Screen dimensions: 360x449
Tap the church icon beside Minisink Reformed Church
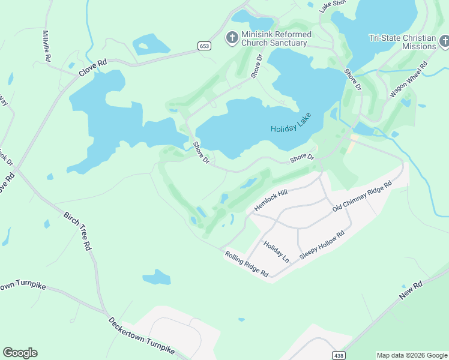pos(232,38)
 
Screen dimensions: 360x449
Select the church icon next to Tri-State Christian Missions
pos(444,42)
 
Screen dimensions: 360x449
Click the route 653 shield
pos(204,46)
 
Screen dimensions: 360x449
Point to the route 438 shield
pos(339,355)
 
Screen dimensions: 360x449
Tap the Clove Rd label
pos(92,67)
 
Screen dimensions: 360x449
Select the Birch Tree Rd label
pos(79,230)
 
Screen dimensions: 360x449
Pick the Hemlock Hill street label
pos(271,199)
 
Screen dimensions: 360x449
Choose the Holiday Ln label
pos(276,251)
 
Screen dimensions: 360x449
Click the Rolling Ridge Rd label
pos(246,264)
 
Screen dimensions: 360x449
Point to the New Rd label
pos(411,291)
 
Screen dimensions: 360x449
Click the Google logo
pos(20,352)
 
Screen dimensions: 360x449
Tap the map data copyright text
pos(411,355)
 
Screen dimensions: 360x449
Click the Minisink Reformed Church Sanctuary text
pos(276,38)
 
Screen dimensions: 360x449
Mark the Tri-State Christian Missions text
pos(402,42)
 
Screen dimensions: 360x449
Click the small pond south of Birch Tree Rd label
pos(157,277)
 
